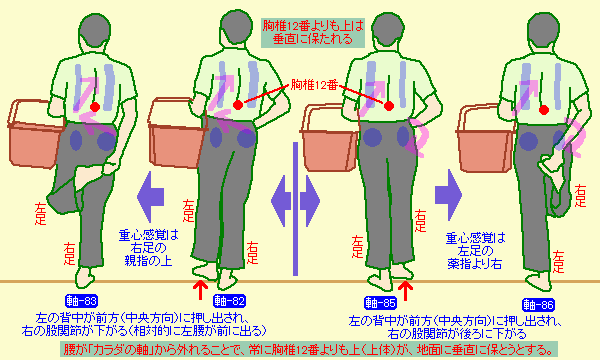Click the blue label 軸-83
click(x=81, y=301)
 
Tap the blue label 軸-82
click(x=229, y=301)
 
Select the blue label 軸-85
click(x=380, y=303)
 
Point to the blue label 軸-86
click(x=538, y=305)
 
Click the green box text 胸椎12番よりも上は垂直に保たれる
click(x=313, y=33)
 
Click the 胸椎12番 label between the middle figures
click(x=314, y=85)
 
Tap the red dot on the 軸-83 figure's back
click(x=95, y=107)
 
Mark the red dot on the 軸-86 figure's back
click(x=543, y=110)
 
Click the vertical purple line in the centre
click(x=295, y=209)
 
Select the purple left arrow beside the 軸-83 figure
click(x=151, y=197)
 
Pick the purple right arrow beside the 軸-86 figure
click(x=448, y=195)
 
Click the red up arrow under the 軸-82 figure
click(x=200, y=290)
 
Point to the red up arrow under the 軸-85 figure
click(x=406, y=291)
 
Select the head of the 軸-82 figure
click(x=236, y=28)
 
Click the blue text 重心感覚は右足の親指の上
click(x=148, y=248)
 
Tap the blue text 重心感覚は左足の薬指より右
click(x=475, y=251)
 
